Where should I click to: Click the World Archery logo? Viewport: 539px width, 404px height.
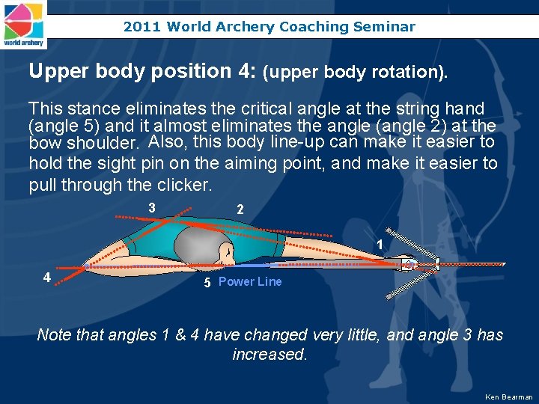click(24, 24)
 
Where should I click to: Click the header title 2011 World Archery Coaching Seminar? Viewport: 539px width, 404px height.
click(269, 27)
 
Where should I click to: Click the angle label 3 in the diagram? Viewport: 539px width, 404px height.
click(152, 207)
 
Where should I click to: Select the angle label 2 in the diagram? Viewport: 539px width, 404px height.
click(240, 210)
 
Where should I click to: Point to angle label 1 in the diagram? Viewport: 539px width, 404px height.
click(380, 245)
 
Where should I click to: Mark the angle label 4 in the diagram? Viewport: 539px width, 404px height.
click(46, 278)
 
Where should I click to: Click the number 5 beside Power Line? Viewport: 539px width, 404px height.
click(209, 283)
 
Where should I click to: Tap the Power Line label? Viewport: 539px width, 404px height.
click(250, 282)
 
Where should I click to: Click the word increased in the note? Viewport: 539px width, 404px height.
click(269, 354)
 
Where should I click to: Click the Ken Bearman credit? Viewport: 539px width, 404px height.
click(509, 397)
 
